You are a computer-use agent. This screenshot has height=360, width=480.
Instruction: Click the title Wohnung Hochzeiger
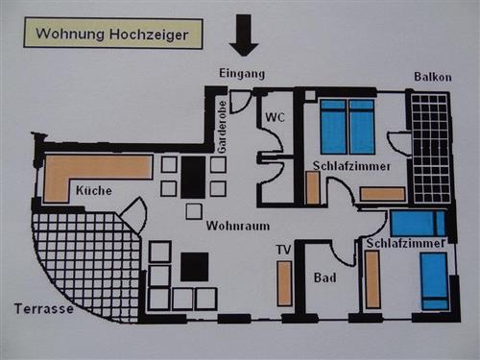(x=112, y=36)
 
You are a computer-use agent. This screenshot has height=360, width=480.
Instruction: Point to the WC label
(x=276, y=118)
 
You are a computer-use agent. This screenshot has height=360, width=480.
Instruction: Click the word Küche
(x=93, y=191)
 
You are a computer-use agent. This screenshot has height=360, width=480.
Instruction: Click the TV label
(x=283, y=251)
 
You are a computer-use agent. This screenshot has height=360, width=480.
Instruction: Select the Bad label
(x=324, y=278)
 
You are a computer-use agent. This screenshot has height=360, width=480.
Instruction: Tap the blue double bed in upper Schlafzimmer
(x=347, y=126)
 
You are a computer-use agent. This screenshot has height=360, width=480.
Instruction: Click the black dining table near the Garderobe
(x=194, y=178)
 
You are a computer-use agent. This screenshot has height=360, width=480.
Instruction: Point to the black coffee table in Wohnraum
(x=195, y=266)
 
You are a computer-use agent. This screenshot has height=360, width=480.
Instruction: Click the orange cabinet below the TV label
(x=284, y=283)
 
